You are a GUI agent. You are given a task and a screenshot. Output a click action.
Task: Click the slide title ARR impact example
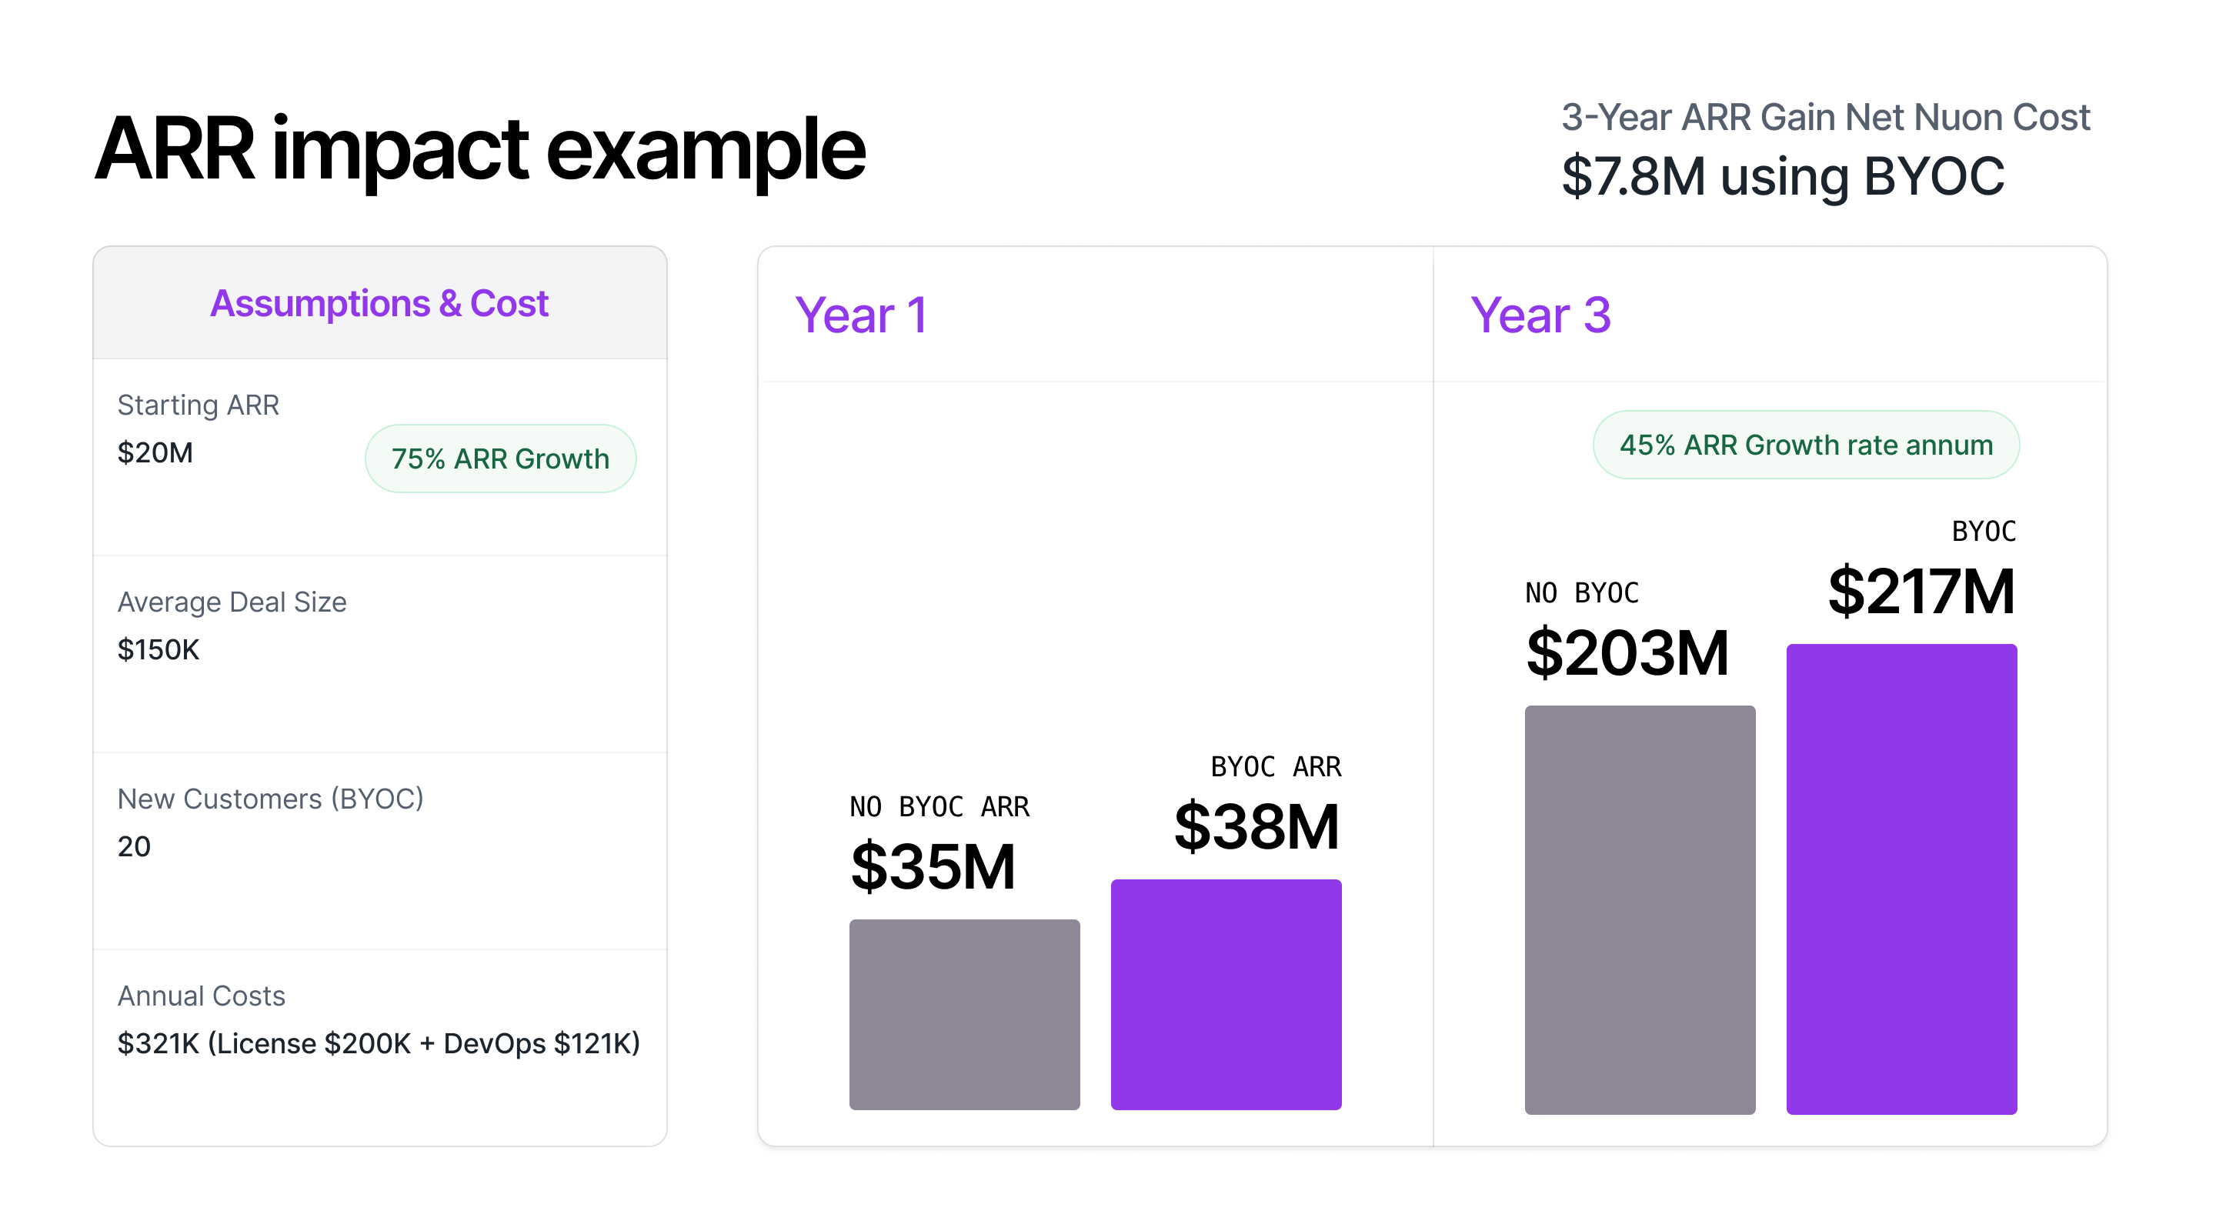pos(479,151)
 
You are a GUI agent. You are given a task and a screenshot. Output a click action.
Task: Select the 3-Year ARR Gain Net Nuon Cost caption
pos(1824,117)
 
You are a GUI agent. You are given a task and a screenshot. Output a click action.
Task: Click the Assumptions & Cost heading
pos(379,304)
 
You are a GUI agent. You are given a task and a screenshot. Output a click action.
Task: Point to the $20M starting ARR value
pos(155,452)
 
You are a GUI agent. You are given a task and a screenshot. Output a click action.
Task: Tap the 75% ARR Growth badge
pos(500,459)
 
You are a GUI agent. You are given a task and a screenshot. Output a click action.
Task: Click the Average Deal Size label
pos(232,602)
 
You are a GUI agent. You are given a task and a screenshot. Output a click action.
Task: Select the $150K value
pos(159,649)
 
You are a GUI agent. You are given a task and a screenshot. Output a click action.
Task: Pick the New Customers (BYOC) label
pos(270,799)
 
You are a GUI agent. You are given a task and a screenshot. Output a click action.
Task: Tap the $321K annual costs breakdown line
pos(379,1043)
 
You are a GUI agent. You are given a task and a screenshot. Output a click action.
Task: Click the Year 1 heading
pos(860,315)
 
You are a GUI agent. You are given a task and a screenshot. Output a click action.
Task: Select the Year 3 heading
pos(1539,315)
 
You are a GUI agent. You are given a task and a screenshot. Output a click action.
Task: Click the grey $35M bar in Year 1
pos(963,1014)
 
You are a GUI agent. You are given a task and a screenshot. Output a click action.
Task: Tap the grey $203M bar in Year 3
pos(1639,909)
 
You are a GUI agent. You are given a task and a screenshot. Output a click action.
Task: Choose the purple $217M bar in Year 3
pos(1901,879)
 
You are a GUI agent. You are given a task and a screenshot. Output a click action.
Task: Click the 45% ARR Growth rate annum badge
pos(1805,445)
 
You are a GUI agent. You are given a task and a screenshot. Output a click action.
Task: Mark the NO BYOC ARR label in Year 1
pos(939,807)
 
